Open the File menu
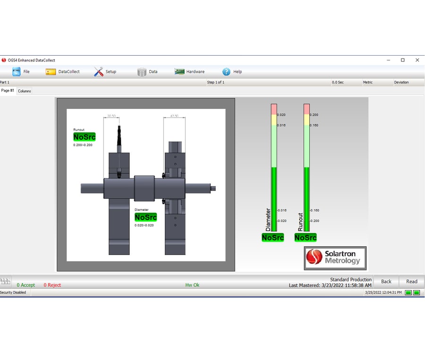coord(21,72)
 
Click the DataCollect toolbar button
coord(63,72)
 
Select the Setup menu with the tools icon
coord(105,72)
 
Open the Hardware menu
coord(189,72)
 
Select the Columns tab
coord(25,91)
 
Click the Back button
coord(386,282)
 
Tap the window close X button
coord(417,60)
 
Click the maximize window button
coord(403,60)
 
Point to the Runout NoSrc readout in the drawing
coord(85,137)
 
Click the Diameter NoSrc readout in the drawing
coord(145,217)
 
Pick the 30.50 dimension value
coord(111,116)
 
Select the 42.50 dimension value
coord(174,116)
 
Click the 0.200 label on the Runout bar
coord(314,115)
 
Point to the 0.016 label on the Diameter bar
coord(281,126)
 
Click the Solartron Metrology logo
coord(335,258)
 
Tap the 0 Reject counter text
coord(52,285)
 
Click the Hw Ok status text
coord(192,285)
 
